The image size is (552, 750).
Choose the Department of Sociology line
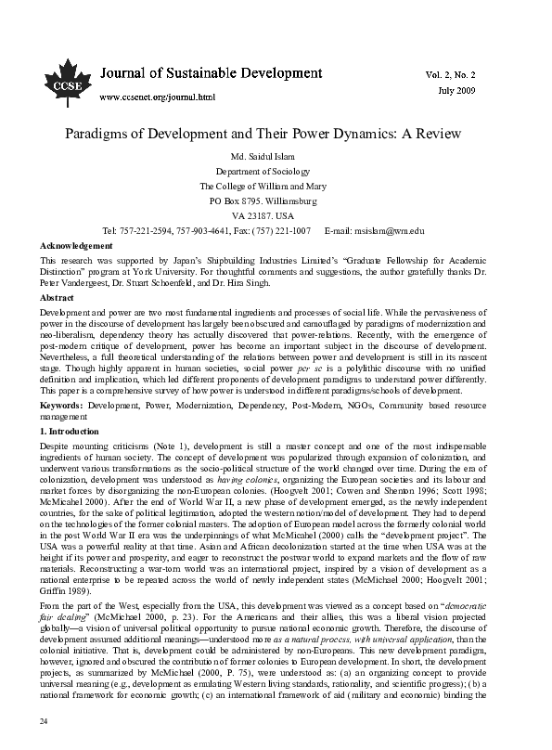tap(275, 172)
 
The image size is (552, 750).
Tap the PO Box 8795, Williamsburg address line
tap(275, 200)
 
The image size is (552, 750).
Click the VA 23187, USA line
tap(275, 215)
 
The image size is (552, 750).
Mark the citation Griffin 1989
tap(68, 540)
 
